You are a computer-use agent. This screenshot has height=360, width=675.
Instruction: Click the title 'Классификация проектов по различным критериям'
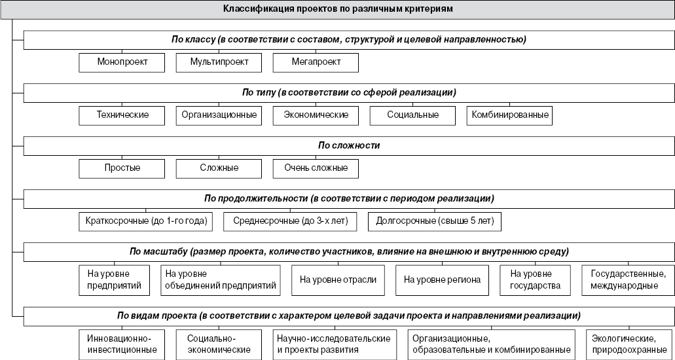[x=338, y=10]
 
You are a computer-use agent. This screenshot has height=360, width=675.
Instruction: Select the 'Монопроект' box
[x=121, y=62]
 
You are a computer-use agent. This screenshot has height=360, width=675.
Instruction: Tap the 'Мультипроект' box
[x=218, y=62]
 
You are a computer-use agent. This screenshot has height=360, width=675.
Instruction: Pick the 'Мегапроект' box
[x=316, y=62]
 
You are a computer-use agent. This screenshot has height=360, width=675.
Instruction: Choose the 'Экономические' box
[x=316, y=115]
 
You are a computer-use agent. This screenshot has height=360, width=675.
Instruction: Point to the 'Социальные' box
[x=412, y=115]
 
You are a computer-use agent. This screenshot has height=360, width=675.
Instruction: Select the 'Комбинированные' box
[x=510, y=115]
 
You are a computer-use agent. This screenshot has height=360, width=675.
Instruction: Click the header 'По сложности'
[x=349, y=145]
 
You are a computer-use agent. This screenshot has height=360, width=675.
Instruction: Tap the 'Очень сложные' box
[x=316, y=168]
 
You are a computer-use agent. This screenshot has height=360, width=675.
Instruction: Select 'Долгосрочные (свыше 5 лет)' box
[x=435, y=221]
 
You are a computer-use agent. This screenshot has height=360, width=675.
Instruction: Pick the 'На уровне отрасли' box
[x=338, y=280]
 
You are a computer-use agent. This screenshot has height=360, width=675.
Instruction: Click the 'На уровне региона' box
[x=442, y=280]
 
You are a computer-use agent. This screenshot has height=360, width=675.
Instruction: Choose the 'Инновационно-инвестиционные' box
[x=121, y=344]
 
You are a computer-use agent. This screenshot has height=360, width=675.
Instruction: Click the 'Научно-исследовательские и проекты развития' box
[x=334, y=344]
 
